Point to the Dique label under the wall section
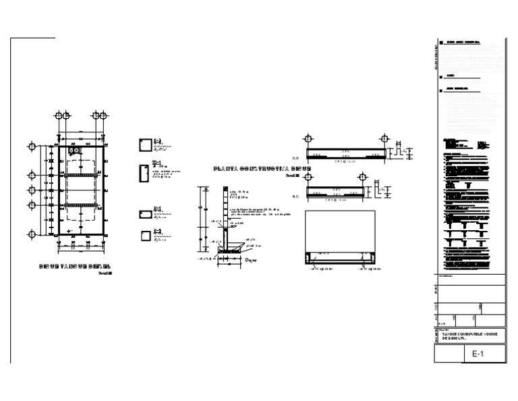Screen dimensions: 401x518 (251, 259)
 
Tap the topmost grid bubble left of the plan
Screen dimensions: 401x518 (31, 146)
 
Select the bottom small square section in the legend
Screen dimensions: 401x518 (144, 236)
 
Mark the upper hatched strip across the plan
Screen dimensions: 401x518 (80, 177)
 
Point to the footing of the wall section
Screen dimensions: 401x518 (230, 255)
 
